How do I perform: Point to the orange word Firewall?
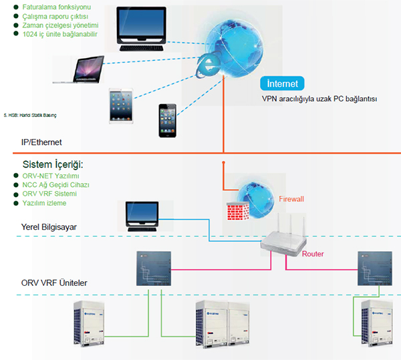click(x=291, y=199)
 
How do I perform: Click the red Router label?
click(x=313, y=254)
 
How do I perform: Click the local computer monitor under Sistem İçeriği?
click(x=142, y=216)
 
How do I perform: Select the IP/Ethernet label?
click(x=44, y=142)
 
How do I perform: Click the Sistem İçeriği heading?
click(x=57, y=164)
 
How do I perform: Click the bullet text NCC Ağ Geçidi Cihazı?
click(x=56, y=184)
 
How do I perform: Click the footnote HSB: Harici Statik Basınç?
click(x=31, y=115)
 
